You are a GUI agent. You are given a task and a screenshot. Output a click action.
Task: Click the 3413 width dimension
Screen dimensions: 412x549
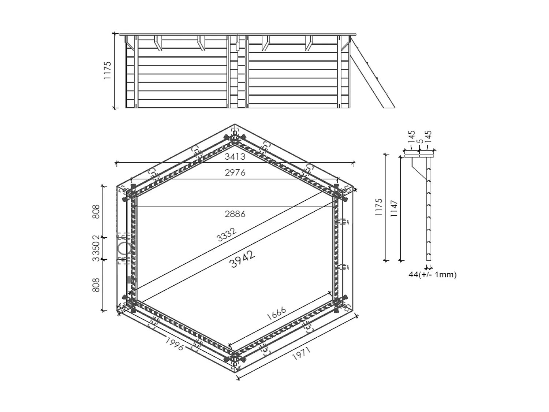(235, 157)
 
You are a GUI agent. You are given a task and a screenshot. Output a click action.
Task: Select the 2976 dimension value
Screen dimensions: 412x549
(235, 172)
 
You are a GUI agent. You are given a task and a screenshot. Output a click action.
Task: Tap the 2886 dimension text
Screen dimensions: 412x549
(235, 214)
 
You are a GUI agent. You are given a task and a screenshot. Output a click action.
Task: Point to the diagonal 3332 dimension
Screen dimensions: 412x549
(227, 235)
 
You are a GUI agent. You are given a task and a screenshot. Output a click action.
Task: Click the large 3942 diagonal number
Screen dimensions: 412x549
(243, 260)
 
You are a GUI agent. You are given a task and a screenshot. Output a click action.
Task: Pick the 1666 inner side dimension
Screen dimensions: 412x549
(276, 314)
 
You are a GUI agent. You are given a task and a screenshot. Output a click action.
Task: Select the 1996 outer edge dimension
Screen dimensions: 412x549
(174, 344)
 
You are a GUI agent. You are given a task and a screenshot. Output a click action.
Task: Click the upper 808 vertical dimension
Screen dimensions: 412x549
(96, 212)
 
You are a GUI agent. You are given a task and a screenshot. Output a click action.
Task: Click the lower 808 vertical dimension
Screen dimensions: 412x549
(96, 285)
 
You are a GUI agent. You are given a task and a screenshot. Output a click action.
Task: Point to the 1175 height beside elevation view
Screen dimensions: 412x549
(107, 71)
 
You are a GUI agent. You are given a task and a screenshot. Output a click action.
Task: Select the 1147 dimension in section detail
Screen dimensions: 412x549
(394, 208)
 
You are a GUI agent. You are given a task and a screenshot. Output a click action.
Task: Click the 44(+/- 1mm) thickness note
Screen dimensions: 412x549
(432, 274)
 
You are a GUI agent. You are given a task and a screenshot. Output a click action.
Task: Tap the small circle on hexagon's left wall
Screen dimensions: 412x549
(125, 249)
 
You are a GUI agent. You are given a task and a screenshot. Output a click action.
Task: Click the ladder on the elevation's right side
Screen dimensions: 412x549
(371, 73)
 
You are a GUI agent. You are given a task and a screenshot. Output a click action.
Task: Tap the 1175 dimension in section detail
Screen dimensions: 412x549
(379, 207)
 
